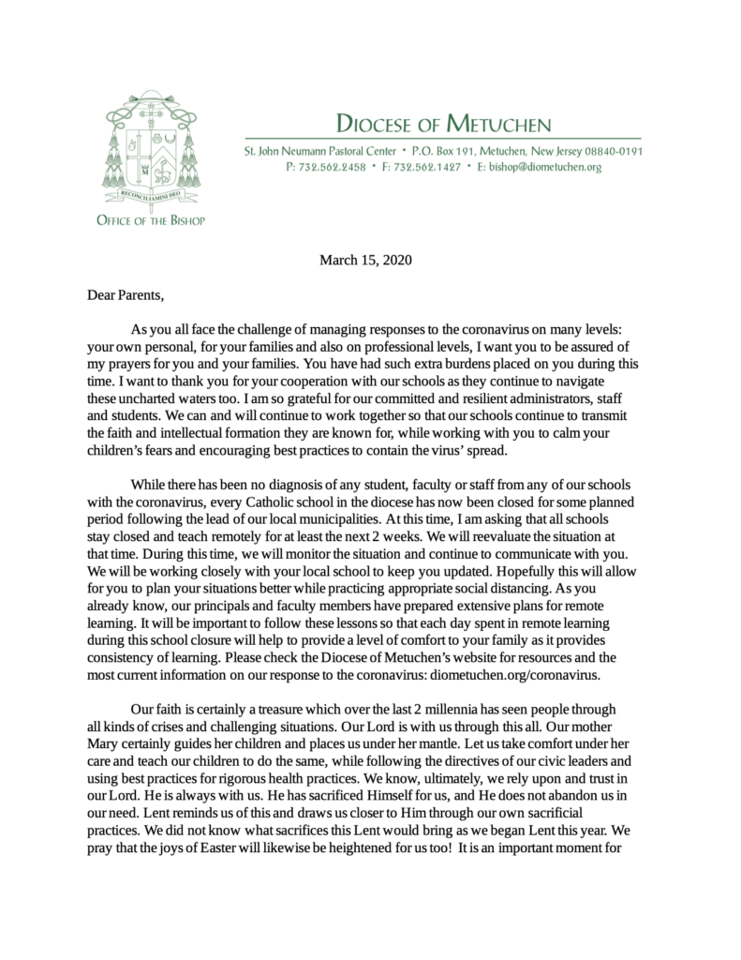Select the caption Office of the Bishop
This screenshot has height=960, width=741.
pyautogui.click(x=150, y=220)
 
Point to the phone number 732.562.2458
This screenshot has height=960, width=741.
pyautogui.click(x=325, y=167)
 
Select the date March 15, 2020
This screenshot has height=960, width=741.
pyautogui.click(x=365, y=258)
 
